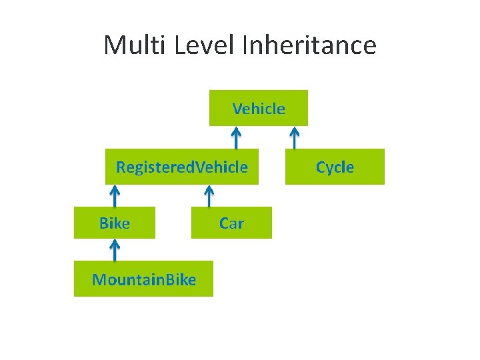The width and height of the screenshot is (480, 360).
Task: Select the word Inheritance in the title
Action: point(310,45)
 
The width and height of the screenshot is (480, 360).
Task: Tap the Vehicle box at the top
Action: point(259,108)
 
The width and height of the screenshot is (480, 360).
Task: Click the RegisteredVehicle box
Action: point(181,167)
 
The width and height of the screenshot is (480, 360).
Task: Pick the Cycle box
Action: point(335,167)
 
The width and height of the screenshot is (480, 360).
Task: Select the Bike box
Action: point(115,223)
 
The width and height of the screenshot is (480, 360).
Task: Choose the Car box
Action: point(231,223)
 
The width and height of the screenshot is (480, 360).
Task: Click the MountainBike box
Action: point(143,279)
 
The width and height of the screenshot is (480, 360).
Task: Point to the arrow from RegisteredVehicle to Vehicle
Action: point(235,137)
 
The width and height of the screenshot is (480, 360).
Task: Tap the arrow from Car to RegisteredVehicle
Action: point(209,196)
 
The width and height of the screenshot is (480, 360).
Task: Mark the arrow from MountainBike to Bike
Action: point(115,250)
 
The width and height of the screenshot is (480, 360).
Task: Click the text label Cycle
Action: point(335,167)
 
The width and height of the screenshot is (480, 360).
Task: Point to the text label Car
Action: point(231,223)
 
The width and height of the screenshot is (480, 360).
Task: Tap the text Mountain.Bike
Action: point(144,279)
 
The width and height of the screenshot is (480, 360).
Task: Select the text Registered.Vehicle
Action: point(181,167)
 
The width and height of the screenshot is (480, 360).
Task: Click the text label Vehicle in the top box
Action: point(259,108)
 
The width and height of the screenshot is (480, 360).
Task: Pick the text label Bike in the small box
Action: point(115,223)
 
